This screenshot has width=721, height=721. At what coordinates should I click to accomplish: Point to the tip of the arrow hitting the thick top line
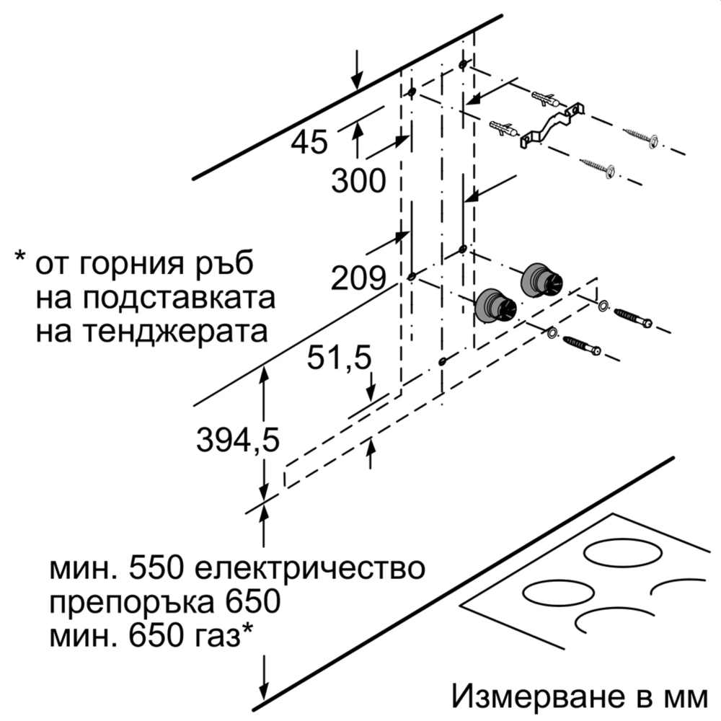click(x=357, y=89)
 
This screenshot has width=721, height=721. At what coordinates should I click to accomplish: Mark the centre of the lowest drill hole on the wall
click(x=443, y=361)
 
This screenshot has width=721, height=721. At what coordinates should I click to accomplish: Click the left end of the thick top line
click(x=194, y=178)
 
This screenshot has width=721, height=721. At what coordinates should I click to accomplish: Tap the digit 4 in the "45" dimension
click(x=300, y=142)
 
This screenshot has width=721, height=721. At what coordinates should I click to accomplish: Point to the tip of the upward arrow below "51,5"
click(x=370, y=438)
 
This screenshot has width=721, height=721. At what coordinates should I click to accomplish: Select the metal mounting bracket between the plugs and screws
click(x=552, y=125)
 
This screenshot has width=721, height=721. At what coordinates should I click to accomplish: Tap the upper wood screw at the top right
click(x=640, y=136)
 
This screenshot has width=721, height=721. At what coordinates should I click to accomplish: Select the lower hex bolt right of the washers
click(x=582, y=346)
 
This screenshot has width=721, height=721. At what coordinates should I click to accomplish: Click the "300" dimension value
click(x=358, y=180)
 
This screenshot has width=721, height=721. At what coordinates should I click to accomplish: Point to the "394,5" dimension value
click(x=238, y=440)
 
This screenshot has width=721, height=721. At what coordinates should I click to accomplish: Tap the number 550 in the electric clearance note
click(x=156, y=568)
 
